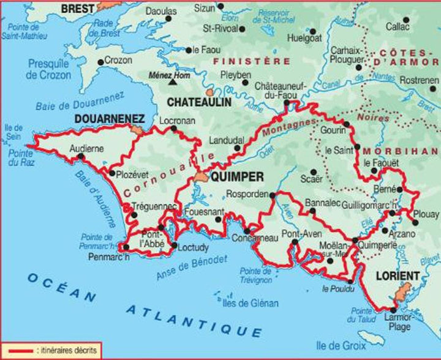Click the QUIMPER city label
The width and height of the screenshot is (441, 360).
[x=236, y=177]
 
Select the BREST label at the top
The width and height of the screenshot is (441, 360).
[x=78, y=8]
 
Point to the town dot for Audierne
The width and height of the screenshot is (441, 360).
[x=81, y=157]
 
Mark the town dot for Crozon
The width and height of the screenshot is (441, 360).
[x=100, y=61]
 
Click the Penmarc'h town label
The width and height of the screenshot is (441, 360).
[x=108, y=256]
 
